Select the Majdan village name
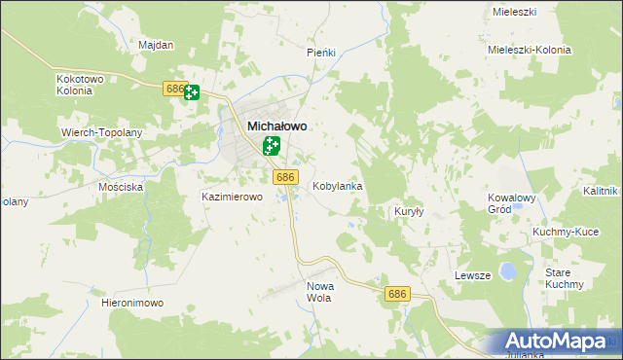156,45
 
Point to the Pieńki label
321,52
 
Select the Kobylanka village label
337,185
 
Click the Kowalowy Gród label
512,203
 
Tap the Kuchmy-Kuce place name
565,233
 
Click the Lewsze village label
472,276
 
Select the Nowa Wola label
319,292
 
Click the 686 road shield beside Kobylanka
284,177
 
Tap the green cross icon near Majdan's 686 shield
192,92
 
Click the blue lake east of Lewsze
507,270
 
